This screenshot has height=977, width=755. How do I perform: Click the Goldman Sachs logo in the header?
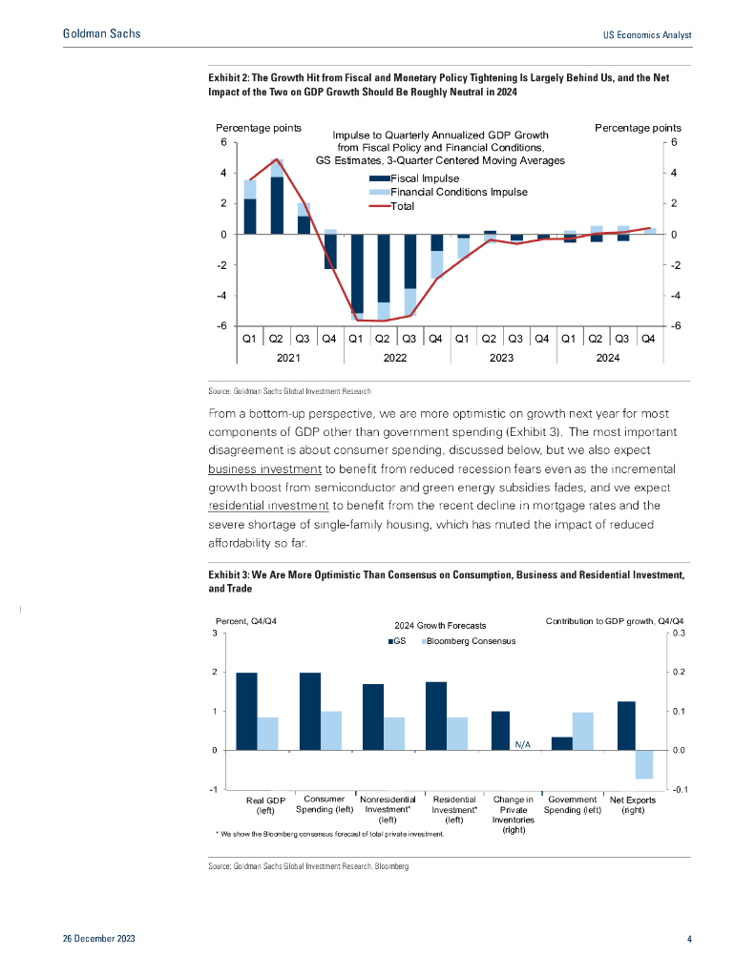(x=101, y=33)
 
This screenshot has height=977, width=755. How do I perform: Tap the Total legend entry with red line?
(x=402, y=205)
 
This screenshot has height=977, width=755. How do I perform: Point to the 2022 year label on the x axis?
(x=394, y=358)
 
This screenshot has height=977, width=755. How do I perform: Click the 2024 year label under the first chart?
(x=608, y=358)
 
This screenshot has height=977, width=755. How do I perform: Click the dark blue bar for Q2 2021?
(x=277, y=205)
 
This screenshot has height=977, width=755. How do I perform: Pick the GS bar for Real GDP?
(x=246, y=712)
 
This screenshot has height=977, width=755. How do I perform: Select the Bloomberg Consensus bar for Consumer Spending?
(x=330, y=731)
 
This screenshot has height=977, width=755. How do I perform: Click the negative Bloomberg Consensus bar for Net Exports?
(x=643, y=764)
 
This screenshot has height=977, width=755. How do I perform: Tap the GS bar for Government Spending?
(x=562, y=743)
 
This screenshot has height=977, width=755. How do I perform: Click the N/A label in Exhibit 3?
(x=522, y=743)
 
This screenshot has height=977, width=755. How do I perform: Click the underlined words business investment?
(x=264, y=469)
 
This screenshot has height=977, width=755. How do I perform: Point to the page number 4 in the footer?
(x=689, y=940)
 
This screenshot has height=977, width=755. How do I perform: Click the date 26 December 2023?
(x=99, y=940)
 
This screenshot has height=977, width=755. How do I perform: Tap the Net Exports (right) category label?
(x=633, y=804)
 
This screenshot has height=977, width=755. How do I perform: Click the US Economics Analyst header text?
(x=647, y=34)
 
